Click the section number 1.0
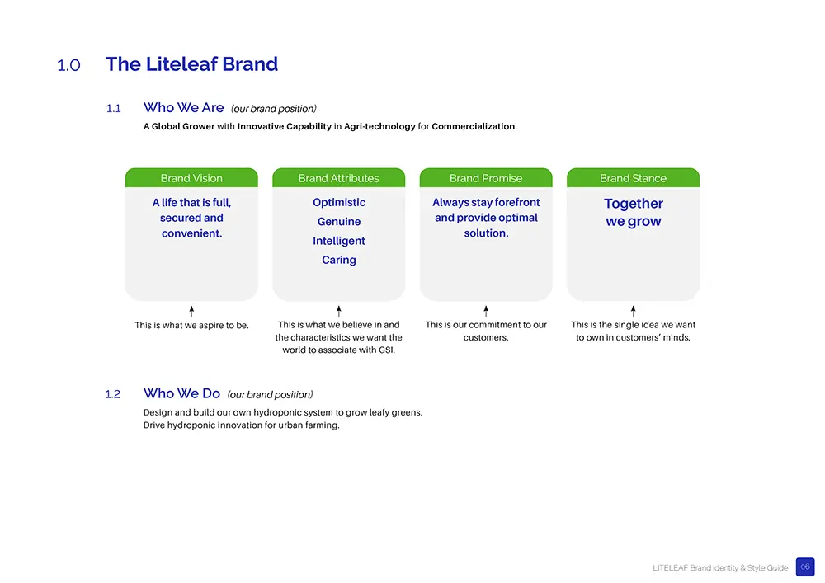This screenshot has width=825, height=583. (x=68, y=65)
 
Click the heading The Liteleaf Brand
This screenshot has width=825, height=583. (x=191, y=64)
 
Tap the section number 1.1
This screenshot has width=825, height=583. (x=114, y=108)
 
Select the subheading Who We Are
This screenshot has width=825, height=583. (x=184, y=107)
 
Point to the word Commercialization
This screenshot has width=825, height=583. (x=474, y=126)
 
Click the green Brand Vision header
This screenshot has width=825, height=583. (x=191, y=177)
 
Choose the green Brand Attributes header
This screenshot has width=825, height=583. (x=339, y=177)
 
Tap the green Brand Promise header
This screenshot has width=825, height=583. (x=486, y=177)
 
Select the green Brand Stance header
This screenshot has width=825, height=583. (x=633, y=177)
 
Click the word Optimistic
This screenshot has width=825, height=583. (x=339, y=202)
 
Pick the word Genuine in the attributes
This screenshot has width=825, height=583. (x=339, y=221)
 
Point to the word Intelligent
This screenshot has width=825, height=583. (x=339, y=241)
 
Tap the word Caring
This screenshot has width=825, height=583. (x=339, y=260)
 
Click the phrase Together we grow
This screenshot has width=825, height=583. (x=634, y=213)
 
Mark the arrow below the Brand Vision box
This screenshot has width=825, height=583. (x=191, y=311)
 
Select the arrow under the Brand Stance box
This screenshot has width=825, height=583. (x=633, y=311)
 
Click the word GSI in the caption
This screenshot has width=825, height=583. (x=385, y=350)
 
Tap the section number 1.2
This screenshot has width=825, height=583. (x=113, y=394)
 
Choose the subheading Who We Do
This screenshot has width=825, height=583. (x=181, y=393)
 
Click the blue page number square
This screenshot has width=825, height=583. (x=805, y=567)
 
